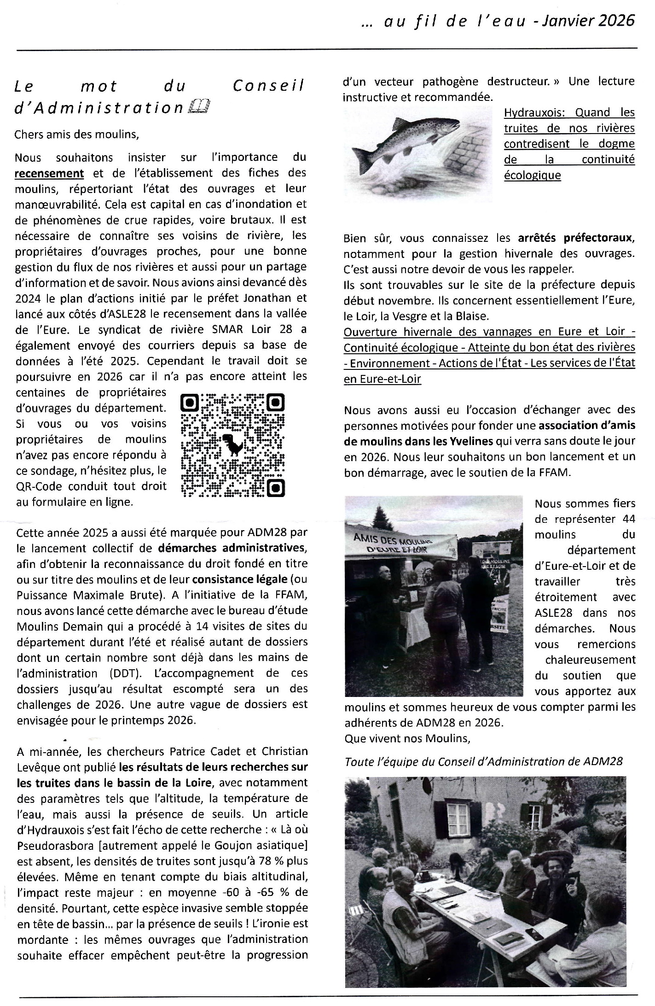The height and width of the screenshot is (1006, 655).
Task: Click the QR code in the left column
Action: [233, 445]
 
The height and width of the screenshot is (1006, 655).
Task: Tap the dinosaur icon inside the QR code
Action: [233, 444]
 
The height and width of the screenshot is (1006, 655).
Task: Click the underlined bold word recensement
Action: [49, 173]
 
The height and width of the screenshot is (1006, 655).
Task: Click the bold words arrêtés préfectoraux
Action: [576, 238]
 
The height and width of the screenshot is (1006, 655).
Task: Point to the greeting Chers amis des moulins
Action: [76, 135]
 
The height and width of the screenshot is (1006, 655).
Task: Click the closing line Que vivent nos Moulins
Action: [407, 738]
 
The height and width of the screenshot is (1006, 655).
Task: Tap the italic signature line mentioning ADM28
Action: [483, 761]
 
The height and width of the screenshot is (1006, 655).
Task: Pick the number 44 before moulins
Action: [628, 519]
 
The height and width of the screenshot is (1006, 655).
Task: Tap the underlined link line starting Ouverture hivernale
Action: [489, 332]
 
